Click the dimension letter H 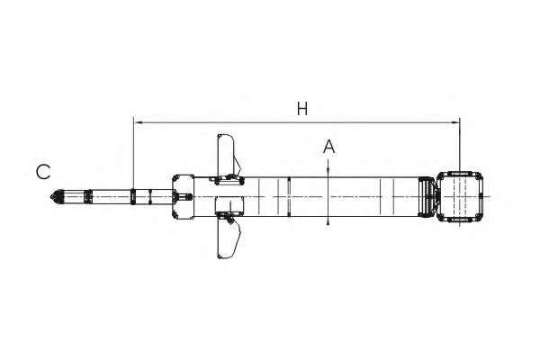[x=302, y=109]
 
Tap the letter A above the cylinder [x=328, y=147]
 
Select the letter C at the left [x=43, y=172]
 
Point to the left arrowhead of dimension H [x=138, y=122]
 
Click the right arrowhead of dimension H [x=455, y=122]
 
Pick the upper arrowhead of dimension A [x=328, y=173]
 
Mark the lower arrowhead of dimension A [x=328, y=220]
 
